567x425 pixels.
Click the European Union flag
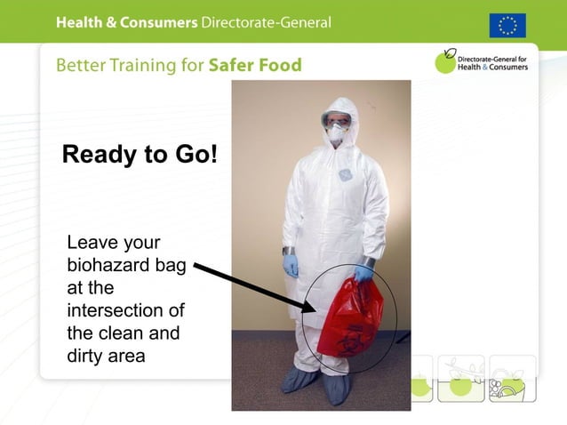point(507,25)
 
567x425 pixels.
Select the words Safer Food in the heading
point(255,65)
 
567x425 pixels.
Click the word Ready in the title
point(100,155)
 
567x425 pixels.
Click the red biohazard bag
point(349,317)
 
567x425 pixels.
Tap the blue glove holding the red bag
point(363,273)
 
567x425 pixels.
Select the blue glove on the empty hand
point(291,265)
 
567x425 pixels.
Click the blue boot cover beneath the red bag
point(337,389)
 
